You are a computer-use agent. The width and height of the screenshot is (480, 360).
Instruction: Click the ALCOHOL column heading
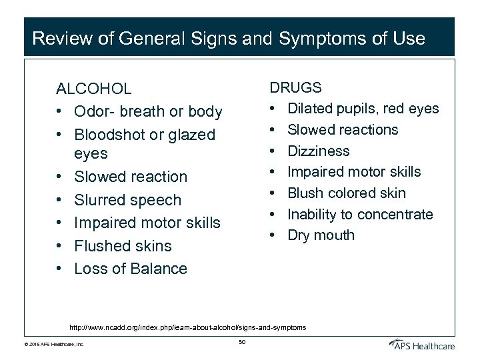pos(93,89)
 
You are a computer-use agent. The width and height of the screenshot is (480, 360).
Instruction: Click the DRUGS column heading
pos(295,87)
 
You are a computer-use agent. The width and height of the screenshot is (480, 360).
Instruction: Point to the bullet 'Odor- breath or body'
pos(148,111)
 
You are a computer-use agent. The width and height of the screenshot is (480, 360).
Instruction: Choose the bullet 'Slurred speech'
pos(127,200)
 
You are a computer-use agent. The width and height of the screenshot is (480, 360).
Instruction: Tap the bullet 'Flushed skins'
pos(123,246)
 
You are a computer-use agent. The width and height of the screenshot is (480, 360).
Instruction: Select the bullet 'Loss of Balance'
pos(131,269)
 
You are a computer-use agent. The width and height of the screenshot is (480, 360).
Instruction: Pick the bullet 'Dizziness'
pos(318,151)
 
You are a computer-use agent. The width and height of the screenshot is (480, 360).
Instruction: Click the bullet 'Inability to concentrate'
pos(360,214)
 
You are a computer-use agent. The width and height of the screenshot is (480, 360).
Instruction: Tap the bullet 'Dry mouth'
pos(321,235)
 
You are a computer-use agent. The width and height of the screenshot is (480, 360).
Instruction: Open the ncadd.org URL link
pos(188,327)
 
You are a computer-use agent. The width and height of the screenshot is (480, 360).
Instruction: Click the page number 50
pos(242,343)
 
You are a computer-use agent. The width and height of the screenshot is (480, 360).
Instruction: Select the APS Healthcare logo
pos(422,344)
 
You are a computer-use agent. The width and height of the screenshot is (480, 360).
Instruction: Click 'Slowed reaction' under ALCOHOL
pos(131,177)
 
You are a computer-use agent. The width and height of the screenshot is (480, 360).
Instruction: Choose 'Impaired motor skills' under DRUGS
pos(353,172)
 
